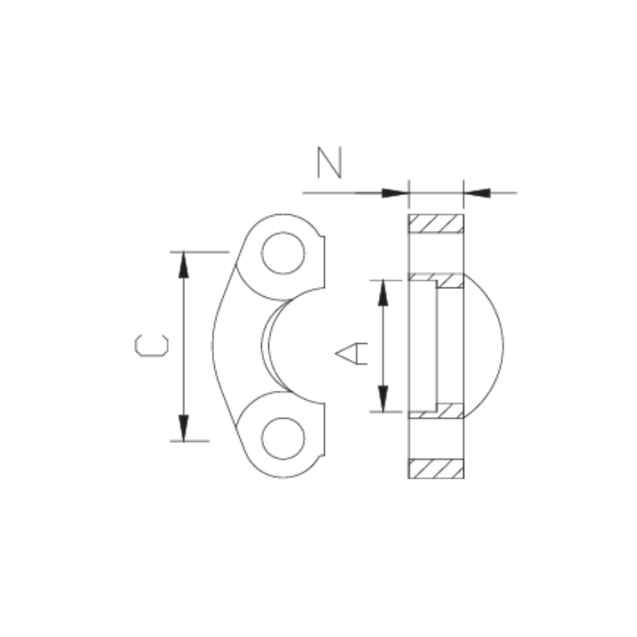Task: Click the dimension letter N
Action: pos(329,162)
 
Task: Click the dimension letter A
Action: pos(351,352)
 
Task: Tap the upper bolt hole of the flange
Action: pos(283,254)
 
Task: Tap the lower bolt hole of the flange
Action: pos(283,437)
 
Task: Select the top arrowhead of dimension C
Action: pos(184,264)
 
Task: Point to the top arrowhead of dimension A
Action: pos(383,292)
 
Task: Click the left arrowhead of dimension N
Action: pos(395,193)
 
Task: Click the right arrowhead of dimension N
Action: pos(477,193)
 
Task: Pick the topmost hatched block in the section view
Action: pos(436,224)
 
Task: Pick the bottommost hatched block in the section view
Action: pos(436,469)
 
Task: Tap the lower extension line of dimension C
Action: pos(191,440)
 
